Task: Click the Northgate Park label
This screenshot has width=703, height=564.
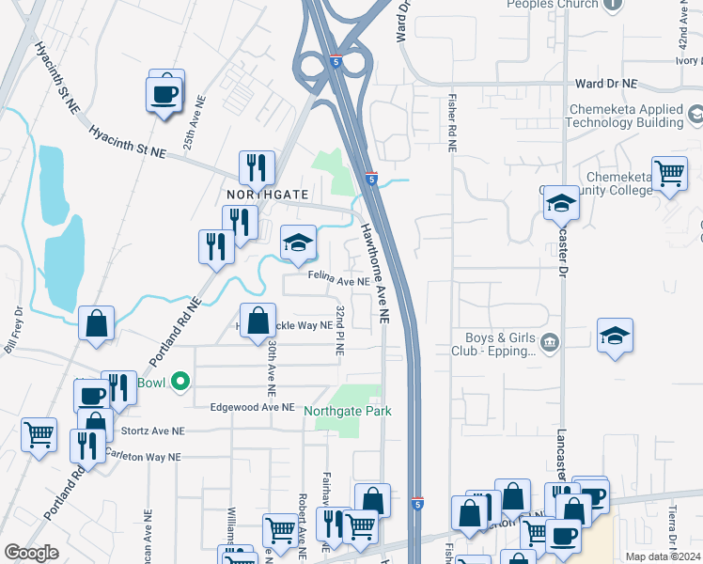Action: point(347,411)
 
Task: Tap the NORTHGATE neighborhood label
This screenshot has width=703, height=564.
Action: point(267,194)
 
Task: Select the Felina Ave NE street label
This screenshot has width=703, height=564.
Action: point(338,281)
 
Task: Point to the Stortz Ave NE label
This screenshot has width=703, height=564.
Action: point(153,431)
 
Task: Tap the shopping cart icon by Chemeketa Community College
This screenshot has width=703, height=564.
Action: point(669,174)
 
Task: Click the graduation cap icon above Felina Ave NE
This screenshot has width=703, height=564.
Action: point(298,243)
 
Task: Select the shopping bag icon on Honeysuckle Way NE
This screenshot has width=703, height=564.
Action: point(258,321)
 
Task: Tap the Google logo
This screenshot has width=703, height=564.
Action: point(32,553)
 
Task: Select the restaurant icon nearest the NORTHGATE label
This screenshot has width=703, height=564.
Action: point(257,167)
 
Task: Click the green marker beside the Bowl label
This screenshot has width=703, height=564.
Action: point(182,382)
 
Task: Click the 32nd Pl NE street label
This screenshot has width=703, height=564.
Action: point(339,329)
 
